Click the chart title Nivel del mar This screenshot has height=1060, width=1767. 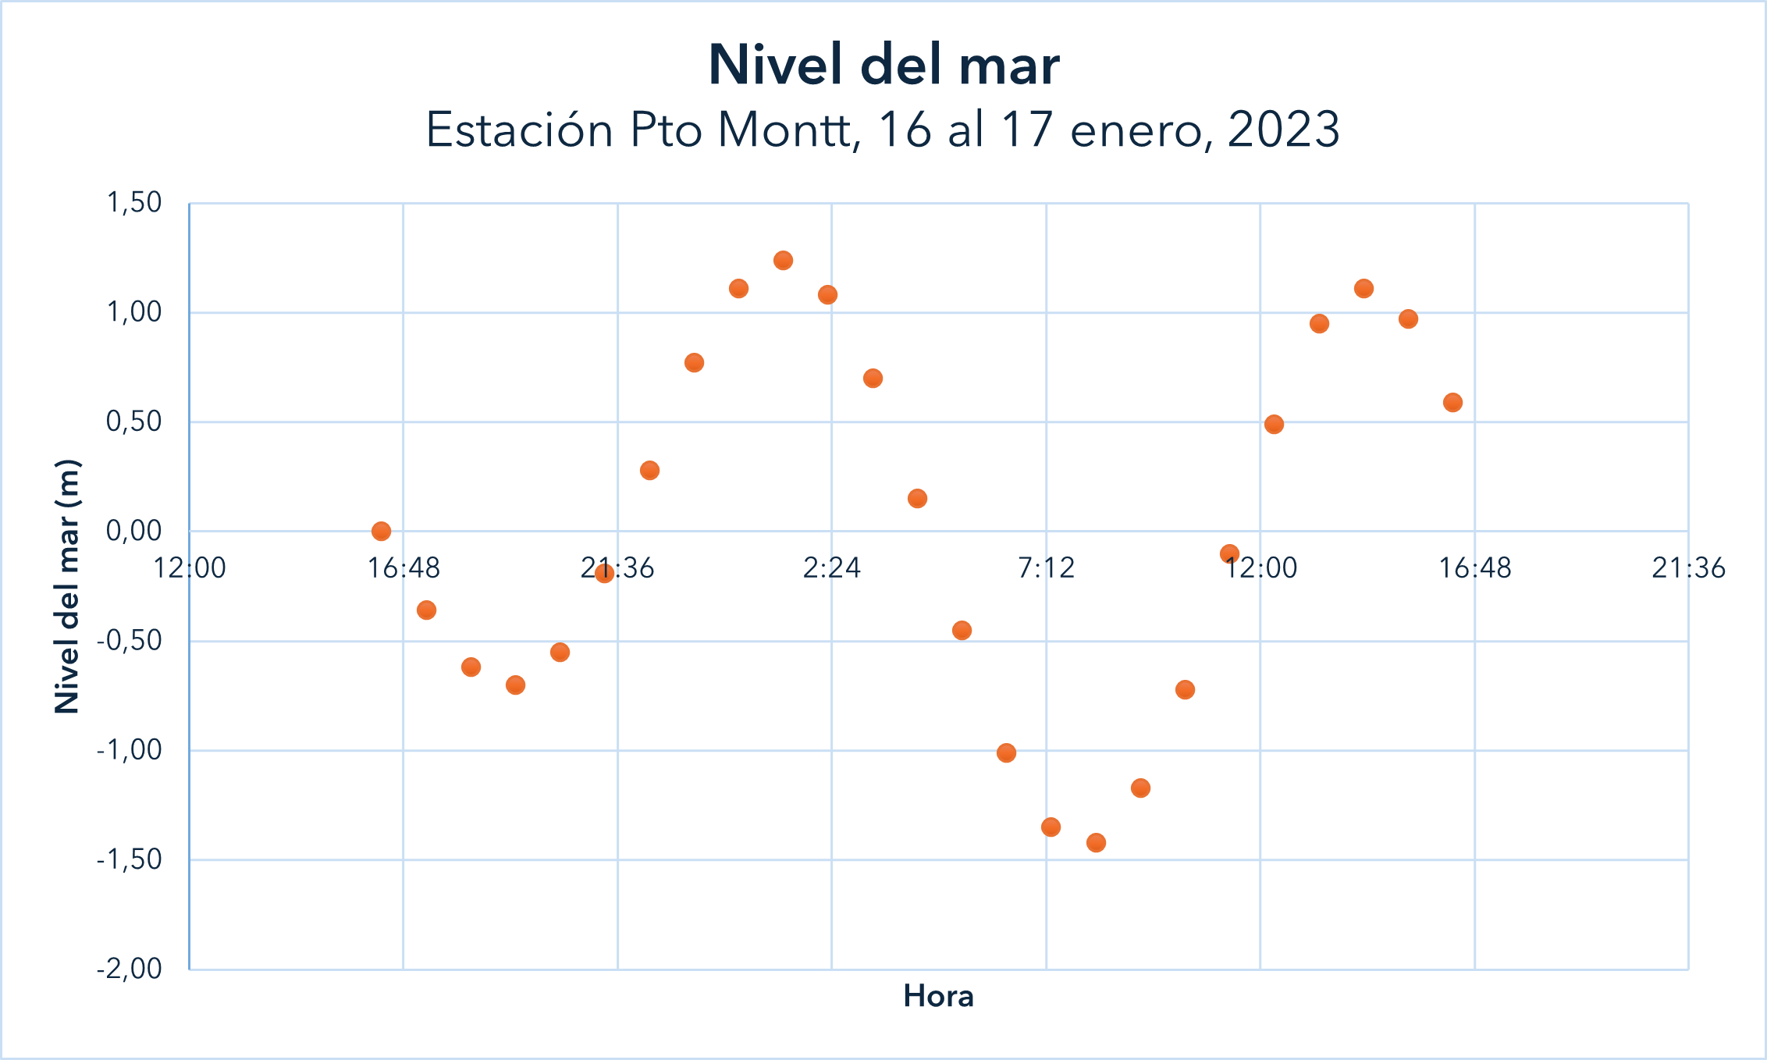click(x=883, y=65)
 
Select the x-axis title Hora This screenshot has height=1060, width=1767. click(x=938, y=997)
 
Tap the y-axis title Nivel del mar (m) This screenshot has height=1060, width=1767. click(x=68, y=586)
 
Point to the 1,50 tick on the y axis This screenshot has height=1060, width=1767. click(x=134, y=203)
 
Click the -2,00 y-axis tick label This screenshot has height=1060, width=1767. click(x=130, y=969)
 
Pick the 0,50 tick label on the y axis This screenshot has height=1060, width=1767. click(x=134, y=422)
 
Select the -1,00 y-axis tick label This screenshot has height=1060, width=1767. click(x=130, y=750)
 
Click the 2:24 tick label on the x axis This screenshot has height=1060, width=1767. click(x=832, y=567)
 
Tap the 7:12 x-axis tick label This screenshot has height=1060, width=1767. click(x=1046, y=567)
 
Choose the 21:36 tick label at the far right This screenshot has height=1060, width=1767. click(x=1688, y=567)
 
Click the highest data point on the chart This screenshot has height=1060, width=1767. click(x=783, y=261)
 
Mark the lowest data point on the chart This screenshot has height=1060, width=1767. click(x=1096, y=842)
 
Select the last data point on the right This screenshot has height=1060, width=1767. click(x=1452, y=403)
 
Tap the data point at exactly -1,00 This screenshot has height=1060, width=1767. click(x=1006, y=752)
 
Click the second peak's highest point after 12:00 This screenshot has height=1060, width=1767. click(x=1363, y=289)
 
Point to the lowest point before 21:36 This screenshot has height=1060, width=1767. click(x=515, y=685)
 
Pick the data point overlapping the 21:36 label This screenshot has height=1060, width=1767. click(x=604, y=574)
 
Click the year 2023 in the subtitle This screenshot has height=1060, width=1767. click(x=1283, y=130)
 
